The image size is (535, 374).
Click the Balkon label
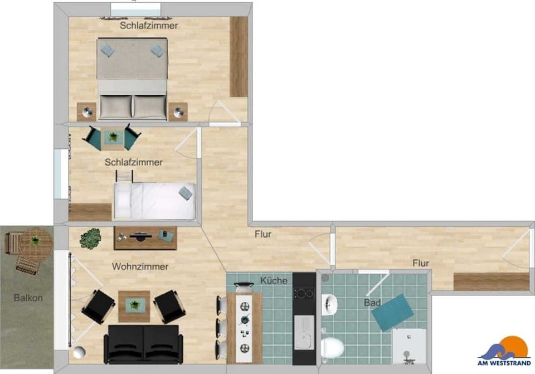pos(28,298)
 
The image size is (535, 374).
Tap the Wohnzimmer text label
pos(140,266)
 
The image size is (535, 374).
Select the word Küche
pos(274,280)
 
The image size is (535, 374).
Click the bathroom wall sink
pos(329,304)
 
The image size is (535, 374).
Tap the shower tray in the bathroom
pos(408,346)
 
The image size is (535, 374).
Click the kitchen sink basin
pos(304,332)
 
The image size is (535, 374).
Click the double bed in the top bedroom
pos(132,78)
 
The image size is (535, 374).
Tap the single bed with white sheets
pos(154,201)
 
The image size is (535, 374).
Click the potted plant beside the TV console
pos(90,239)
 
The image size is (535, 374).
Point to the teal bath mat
pos(393,312)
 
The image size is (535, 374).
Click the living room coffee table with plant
pos(134,305)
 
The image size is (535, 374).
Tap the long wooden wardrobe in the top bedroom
pos(239,56)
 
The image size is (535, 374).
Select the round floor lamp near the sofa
pos(80,352)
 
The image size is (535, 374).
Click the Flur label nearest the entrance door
pos(421,263)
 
